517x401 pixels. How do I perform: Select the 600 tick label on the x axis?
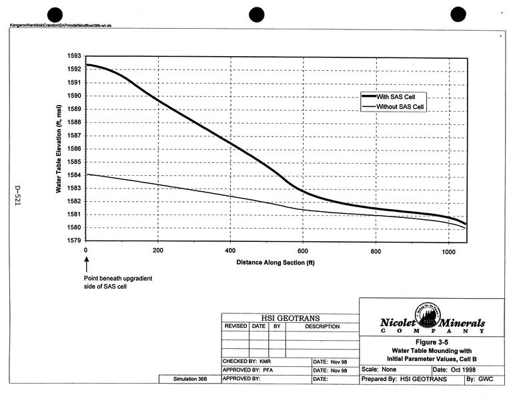303,250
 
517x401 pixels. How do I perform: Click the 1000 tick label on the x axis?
447,250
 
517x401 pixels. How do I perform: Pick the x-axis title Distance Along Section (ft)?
275,263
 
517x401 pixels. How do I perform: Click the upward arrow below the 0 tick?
87,266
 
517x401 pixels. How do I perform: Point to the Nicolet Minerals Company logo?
431,323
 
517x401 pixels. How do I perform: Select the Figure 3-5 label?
431,342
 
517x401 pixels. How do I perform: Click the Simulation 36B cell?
189,379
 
